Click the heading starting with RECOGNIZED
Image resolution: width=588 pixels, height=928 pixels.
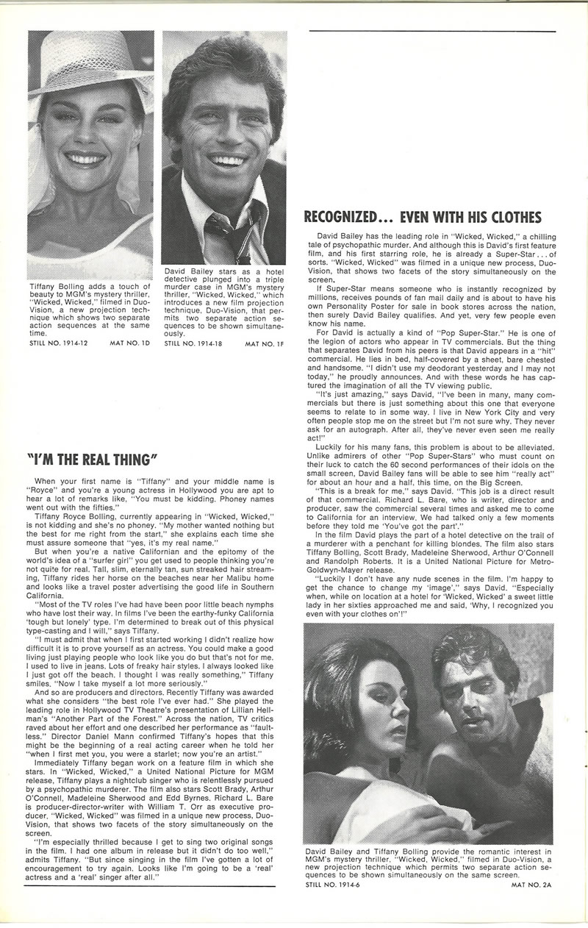point(423,216)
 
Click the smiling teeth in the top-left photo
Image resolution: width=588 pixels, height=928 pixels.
point(85,159)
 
